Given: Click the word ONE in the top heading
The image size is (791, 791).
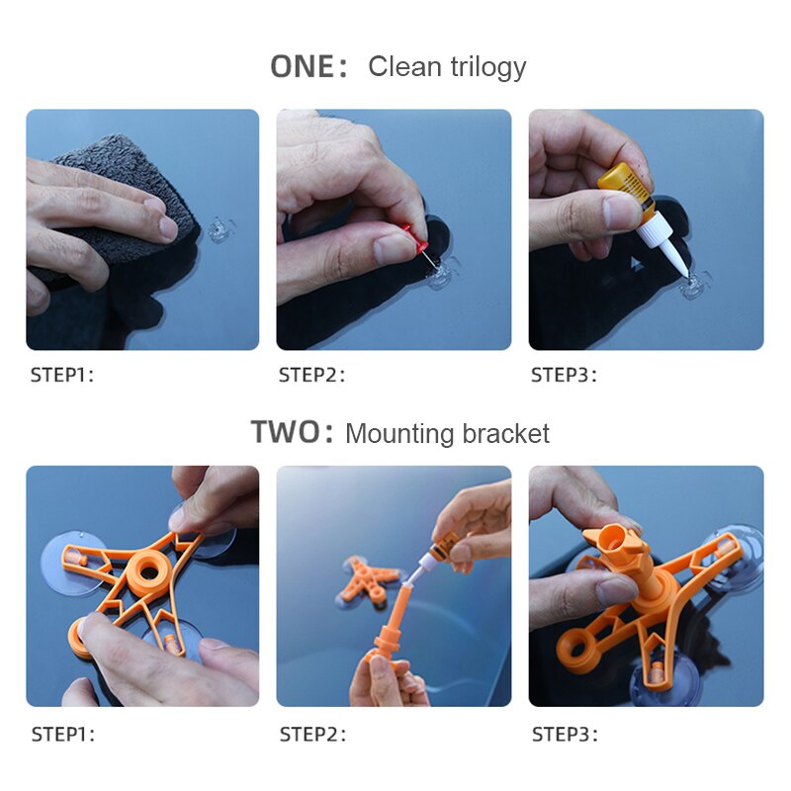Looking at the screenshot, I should pos(303,66).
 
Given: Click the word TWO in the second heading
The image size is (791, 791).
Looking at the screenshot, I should pos(286,433).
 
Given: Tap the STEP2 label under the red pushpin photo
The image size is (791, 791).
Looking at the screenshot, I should pos(311,375).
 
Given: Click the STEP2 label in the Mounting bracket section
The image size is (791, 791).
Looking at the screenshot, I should pos(311,735).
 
